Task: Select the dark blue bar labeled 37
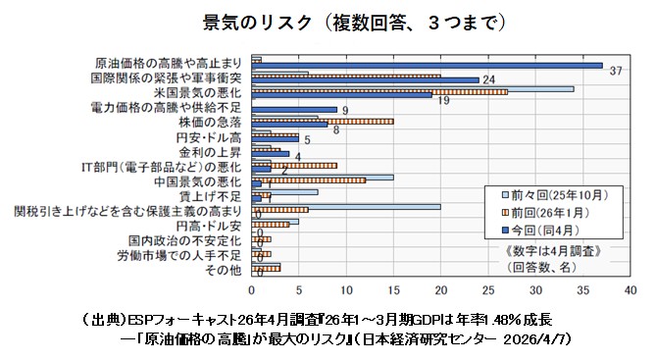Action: (428, 66)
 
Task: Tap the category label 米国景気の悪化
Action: (199, 91)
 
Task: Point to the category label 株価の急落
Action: (211, 122)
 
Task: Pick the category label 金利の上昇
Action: (211, 152)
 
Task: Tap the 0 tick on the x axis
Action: (252, 290)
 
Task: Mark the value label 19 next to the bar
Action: (442, 101)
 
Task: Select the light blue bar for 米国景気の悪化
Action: (413, 88)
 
